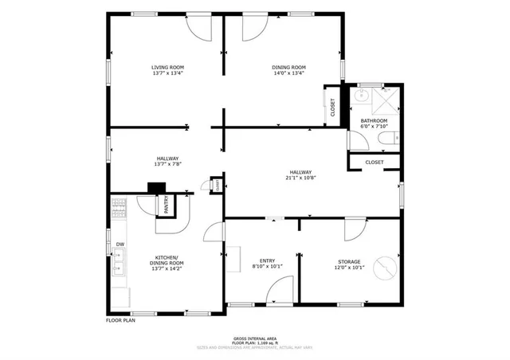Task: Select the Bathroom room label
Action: [x=374, y=123]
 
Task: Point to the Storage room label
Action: [x=348, y=264]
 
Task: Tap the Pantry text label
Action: [x=166, y=205]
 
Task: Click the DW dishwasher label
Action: [x=120, y=245]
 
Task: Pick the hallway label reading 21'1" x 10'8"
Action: [x=300, y=176]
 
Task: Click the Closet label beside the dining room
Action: [x=332, y=107]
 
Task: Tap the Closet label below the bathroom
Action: [x=374, y=162]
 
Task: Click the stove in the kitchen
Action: [x=119, y=210]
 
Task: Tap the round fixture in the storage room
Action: [x=385, y=268]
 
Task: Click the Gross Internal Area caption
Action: [x=254, y=338]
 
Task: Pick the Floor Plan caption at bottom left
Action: [x=122, y=321]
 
